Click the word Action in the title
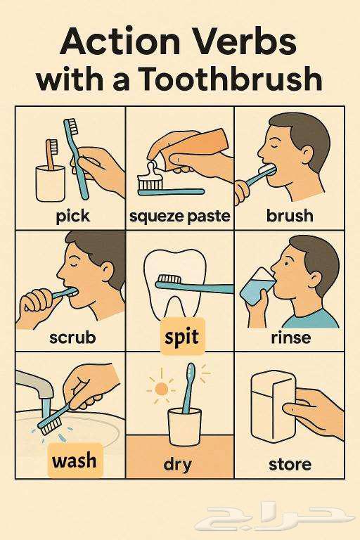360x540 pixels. pos(120,41)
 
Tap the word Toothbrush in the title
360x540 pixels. pos(231,79)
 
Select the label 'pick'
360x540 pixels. pos(72,217)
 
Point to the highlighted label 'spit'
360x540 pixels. pos(181,337)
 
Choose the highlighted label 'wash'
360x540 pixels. pos(75,460)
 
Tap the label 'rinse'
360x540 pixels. pos(291,337)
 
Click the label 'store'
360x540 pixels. pos(290,464)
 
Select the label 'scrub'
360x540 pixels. pos(72,337)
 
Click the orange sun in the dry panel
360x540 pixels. pos(161,389)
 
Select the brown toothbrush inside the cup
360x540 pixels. pos(52,154)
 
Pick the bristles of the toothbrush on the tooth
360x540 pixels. pos(169,278)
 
